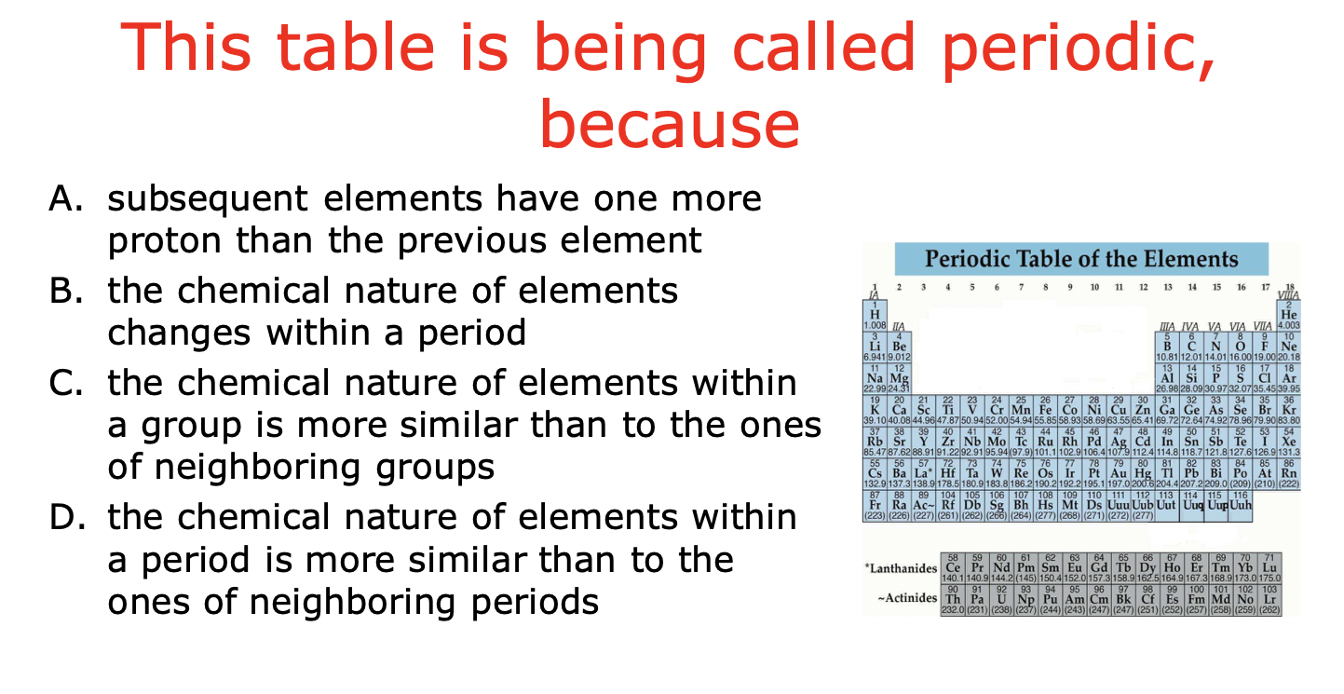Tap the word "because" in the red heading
pos(670,126)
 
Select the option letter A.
pos(61,198)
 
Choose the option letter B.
pos(61,291)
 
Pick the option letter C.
pos(61,383)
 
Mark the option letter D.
pos(61,517)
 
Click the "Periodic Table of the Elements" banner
pos(1081,259)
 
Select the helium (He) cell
pos(1289,316)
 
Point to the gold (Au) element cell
pos(1119,473)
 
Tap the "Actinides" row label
pos(906,598)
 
